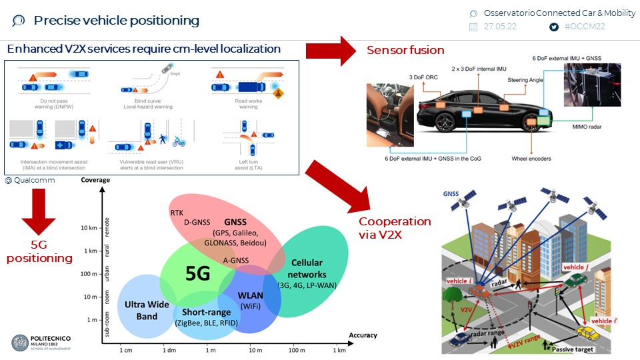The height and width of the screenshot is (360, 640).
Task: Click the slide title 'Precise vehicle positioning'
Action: (x=117, y=21)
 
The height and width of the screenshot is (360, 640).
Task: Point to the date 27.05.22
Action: (x=500, y=27)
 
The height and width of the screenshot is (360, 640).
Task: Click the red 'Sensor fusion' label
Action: (x=405, y=50)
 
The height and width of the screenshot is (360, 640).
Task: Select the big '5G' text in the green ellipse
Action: (x=198, y=274)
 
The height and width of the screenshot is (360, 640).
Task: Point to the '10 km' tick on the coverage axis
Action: (x=88, y=228)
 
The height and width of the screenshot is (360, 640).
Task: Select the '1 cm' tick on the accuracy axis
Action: (x=125, y=350)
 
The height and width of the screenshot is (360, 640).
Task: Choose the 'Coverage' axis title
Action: (x=95, y=181)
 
